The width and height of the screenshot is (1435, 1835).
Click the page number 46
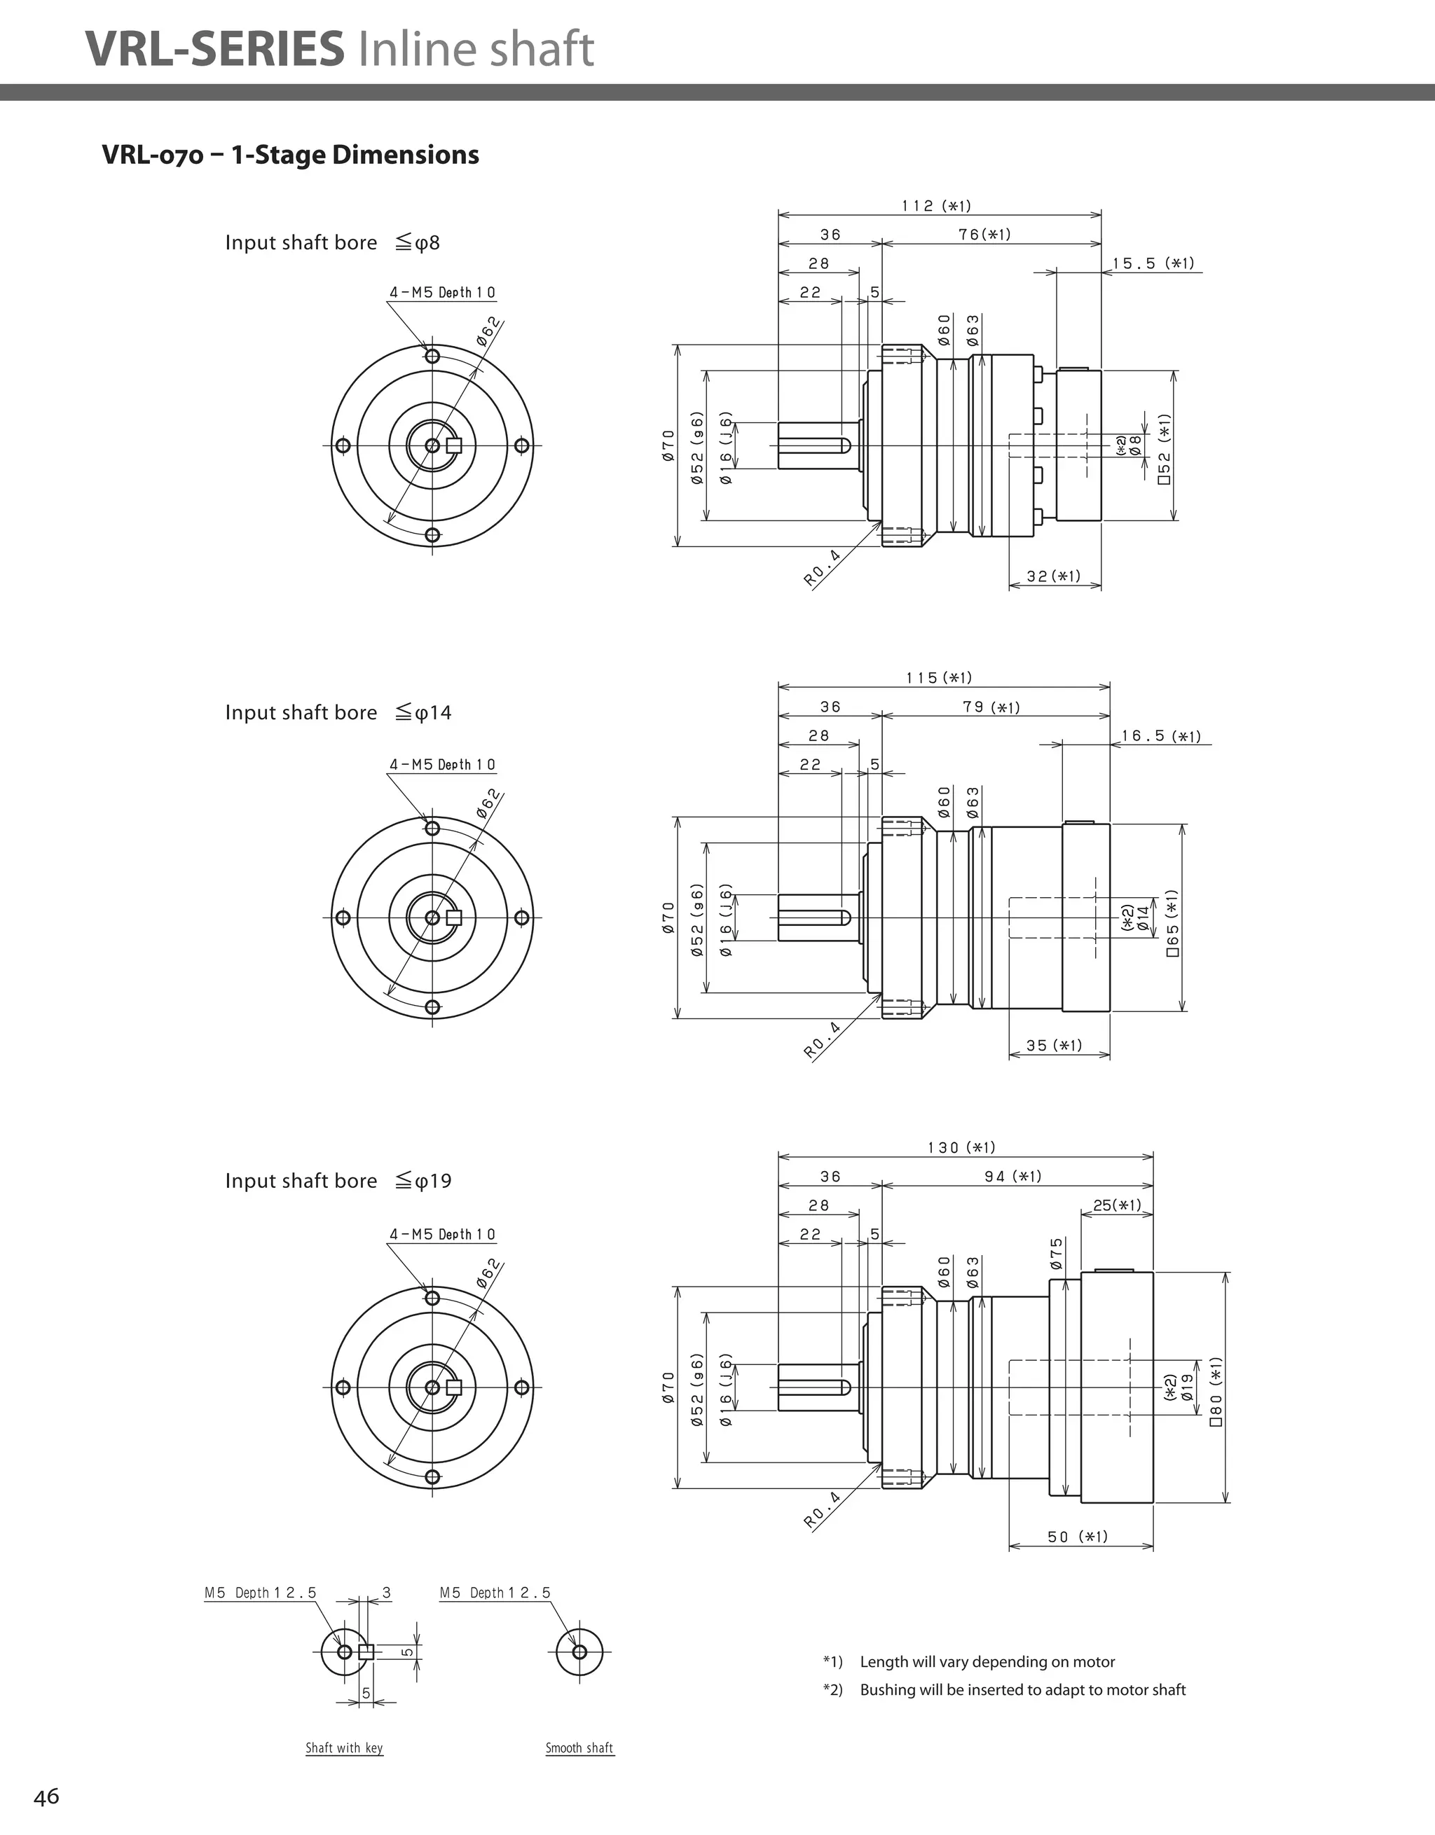tap(46, 1797)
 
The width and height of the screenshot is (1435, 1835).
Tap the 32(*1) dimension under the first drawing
tap(1053, 576)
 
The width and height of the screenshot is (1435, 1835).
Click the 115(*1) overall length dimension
tap(939, 678)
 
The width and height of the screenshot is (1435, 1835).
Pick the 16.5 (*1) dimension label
tap(1161, 736)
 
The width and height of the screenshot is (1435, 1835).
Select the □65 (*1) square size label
tap(1173, 922)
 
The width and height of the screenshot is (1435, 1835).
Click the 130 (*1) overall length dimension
tap(962, 1148)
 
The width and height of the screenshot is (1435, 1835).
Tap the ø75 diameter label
tap(1057, 1254)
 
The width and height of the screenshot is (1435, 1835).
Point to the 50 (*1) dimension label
tap(1078, 1537)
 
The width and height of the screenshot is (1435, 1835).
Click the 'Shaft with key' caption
tap(344, 1748)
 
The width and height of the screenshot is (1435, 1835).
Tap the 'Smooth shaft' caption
tap(579, 1748)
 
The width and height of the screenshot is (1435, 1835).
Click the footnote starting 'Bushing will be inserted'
tap(1022, 1689)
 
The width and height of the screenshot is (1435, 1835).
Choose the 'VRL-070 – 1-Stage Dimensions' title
tap(290, 155)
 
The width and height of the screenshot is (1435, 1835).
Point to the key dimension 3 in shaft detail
tap(386, 1592)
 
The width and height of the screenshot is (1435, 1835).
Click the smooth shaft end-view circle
tap(579, 1651)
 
